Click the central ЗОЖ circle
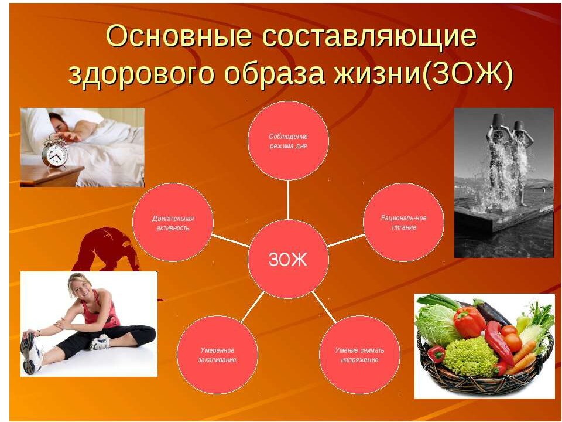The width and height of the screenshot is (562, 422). coord(288,258)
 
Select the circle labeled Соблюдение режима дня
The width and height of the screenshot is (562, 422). coord(288,141)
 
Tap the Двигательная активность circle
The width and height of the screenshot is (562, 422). coord(173,223)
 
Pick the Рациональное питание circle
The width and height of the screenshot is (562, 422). coord(403,223)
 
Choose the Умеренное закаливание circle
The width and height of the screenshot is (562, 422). coord(217,355)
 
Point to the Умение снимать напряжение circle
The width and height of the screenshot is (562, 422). coord(359,355)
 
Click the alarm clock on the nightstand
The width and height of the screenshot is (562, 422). coord(54,152)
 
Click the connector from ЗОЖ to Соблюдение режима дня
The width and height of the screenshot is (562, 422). coord(288,200)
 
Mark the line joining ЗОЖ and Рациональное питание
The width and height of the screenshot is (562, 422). coord(346,240)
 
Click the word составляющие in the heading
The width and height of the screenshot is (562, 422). coord(369,36)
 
